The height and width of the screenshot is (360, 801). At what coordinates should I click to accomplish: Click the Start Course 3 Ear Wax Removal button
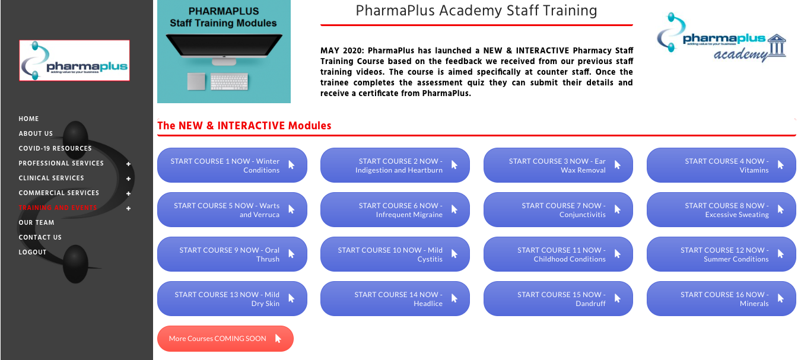[558, 165]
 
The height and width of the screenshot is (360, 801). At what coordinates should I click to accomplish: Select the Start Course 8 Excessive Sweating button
[721, 210]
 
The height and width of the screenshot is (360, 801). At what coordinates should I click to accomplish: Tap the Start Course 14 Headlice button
[395, 299]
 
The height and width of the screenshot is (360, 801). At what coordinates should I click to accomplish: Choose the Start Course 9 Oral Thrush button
[232, 254]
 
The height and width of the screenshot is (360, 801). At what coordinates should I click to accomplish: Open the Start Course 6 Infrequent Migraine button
[395, 210]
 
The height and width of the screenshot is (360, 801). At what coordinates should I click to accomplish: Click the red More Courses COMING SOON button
[225, 339]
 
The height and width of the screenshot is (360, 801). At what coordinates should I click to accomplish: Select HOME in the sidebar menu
[29, 119]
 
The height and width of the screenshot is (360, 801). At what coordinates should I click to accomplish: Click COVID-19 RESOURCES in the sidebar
[55, 148]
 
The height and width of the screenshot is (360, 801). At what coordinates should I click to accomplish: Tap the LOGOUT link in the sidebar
[33, 252]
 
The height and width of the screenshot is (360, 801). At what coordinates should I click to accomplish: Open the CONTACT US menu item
[40, 237]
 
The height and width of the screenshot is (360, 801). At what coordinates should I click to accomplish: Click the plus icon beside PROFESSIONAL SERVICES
[128, 164]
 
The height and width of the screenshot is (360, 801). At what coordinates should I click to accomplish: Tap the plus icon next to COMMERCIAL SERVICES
[128, 193]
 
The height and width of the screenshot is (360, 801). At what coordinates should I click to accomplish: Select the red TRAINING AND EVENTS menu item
[58, 208]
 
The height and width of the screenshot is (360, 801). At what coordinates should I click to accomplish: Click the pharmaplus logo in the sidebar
[74, 60]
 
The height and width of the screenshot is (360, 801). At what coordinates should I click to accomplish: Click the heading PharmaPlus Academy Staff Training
[476, 11]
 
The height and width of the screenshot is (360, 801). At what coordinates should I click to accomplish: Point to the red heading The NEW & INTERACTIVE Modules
[244, 126]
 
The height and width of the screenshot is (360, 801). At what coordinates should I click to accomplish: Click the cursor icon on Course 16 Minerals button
[781, 298]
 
